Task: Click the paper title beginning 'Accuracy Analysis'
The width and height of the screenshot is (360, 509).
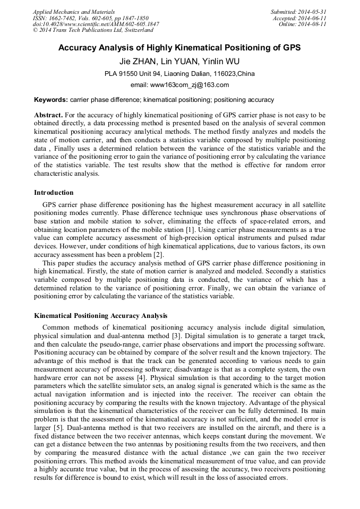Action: (179, 48)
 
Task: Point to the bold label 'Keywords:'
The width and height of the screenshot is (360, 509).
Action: (51, 99)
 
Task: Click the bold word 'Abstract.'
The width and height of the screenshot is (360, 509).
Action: (48, 115)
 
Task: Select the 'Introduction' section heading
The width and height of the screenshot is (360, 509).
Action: (54, 193)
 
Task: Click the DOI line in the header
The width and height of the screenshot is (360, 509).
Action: (96, 24)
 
